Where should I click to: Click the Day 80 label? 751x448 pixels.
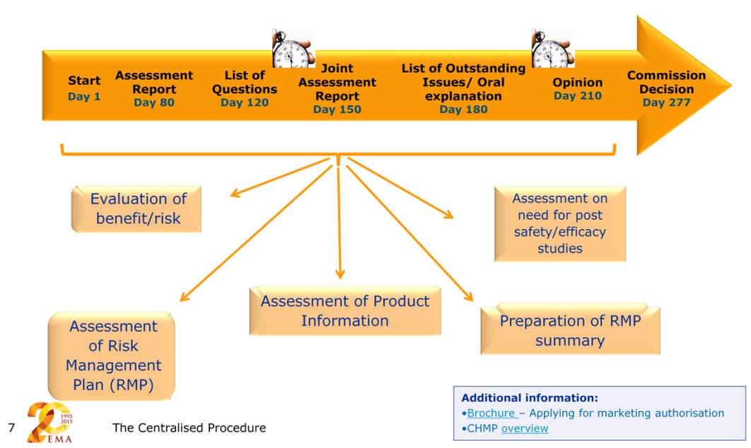[x=153, y=102]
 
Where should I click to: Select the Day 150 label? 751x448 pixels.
[x=337, y=110]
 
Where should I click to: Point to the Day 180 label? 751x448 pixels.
[x=463, y=110]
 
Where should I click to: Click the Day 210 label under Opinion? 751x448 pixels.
[x=578, y=95]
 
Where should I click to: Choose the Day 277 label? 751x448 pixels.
[x=666, y=102]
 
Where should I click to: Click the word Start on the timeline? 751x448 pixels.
[x=84, y=81]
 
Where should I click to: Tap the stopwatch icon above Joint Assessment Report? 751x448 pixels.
[x=293, y=48]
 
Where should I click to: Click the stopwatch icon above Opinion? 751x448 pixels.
[x=552, y=48]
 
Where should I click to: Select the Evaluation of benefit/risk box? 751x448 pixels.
[x=138, y=208]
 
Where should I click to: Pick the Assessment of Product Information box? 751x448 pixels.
[x=344, y=310]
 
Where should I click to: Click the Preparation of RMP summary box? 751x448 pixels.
[x=570, y=330]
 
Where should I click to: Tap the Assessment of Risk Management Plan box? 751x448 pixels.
[x=112, y=355]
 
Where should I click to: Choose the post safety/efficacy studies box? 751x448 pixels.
[x=559, y=223]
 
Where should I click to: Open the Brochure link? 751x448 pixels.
[x=490, y=413]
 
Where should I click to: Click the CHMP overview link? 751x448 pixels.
[x=524, y=428]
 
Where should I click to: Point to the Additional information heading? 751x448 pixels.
[x=530, y=398]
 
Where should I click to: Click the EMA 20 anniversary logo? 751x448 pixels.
[x=51, y=423]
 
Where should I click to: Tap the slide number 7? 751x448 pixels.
[x=11, y=428]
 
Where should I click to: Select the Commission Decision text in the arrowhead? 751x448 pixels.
[x=666, y=82]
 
